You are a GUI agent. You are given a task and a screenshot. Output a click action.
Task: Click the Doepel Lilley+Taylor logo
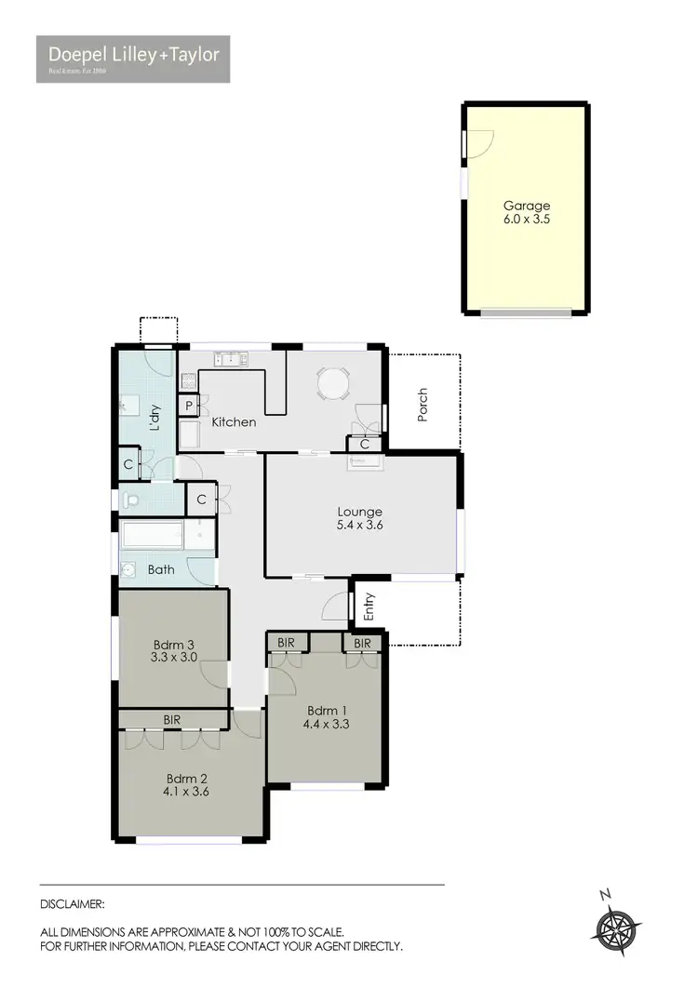point(133,59)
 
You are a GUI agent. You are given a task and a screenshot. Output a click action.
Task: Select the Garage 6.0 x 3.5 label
point(527,213)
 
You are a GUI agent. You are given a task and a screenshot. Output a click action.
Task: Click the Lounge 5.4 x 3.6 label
point(359,518)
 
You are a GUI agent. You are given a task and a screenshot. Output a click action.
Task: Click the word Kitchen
point(234,422)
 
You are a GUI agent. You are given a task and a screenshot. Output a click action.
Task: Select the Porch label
point(423,406)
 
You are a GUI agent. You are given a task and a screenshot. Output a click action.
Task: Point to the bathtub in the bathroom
point(154,536)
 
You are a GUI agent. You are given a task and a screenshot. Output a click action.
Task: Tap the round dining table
point(331,382)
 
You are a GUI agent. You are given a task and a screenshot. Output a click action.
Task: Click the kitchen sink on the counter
point(228,357)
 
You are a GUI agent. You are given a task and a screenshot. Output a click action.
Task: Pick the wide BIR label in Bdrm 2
point(172,719)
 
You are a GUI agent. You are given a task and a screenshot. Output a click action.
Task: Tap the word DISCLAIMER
point(72,903)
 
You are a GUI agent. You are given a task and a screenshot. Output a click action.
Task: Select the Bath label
point(161,569)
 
